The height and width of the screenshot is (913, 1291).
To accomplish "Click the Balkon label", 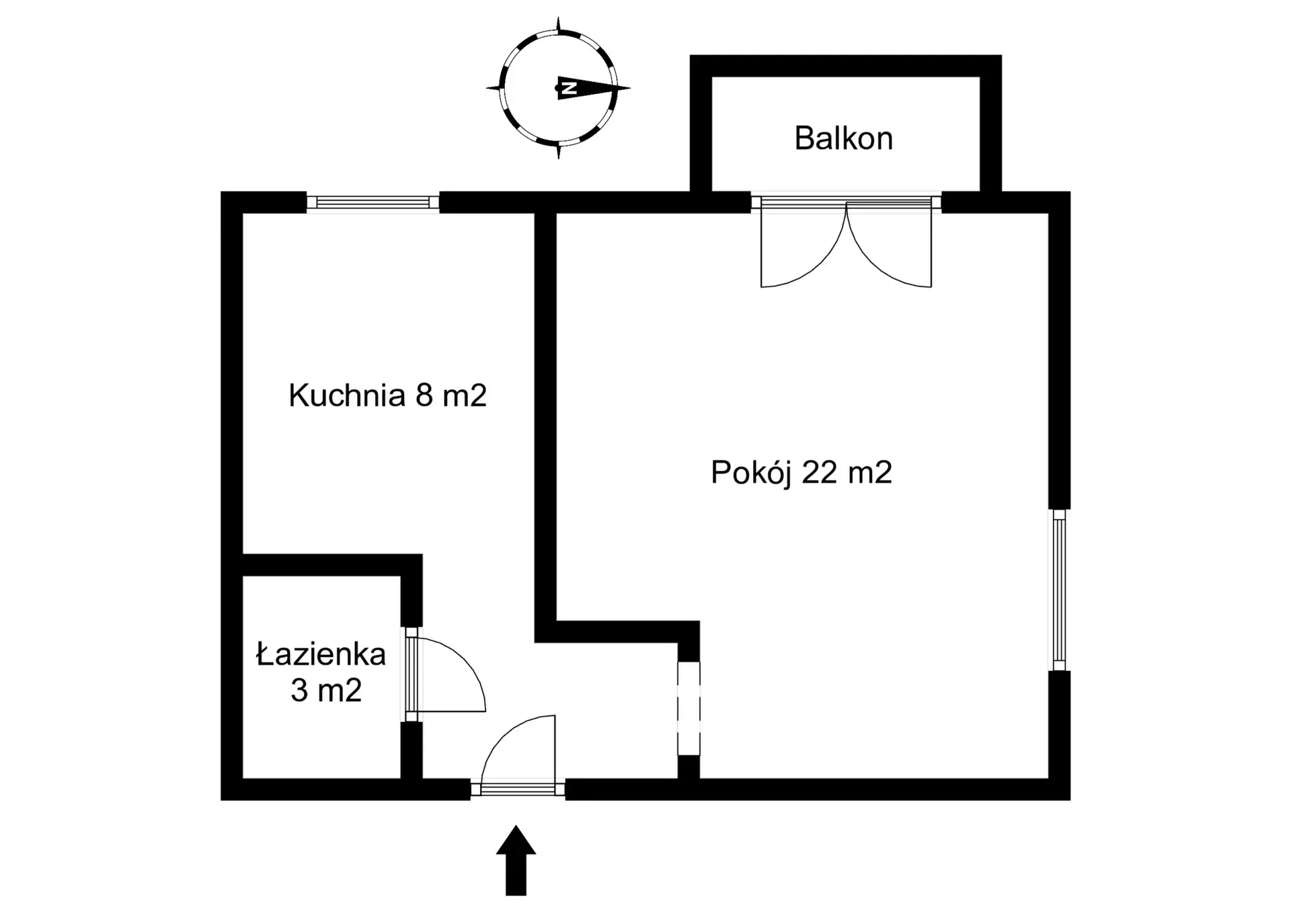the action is tap(843, 138).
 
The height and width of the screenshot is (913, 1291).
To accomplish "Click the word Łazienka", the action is tap(321, 653).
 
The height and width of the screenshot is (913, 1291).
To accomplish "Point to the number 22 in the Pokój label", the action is tap(819, 472).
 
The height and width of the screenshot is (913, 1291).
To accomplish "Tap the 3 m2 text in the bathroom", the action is tap(326, 690).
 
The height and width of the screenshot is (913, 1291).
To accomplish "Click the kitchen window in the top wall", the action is tap(373, 202).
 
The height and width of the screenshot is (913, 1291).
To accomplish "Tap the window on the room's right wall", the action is tap(1059, 590).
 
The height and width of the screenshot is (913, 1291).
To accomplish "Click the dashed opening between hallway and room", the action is tap(689, 709).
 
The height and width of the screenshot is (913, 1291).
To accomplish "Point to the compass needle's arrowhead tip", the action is tap(630, 87).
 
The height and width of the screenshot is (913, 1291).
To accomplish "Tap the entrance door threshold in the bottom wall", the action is tap(518, 789).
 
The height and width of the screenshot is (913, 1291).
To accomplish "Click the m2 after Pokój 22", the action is tap(870, 472).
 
